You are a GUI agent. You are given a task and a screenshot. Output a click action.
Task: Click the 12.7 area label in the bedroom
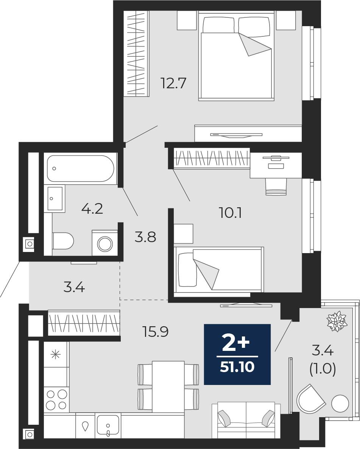click(174, 83)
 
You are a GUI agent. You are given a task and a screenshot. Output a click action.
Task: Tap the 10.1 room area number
click(230, 213)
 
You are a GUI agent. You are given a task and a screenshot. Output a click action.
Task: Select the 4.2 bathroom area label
click(92, 208)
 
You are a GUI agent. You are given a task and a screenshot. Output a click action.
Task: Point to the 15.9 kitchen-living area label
click(155, 332)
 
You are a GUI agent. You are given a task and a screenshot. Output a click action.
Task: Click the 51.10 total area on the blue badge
click(237, 367)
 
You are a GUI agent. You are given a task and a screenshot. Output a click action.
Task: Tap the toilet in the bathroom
click(63, 241)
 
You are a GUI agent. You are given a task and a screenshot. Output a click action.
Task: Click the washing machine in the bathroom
click(105, 243)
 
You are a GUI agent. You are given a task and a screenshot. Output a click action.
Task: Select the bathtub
click(80, 169)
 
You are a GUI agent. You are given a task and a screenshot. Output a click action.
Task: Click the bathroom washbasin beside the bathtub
click(55, 198)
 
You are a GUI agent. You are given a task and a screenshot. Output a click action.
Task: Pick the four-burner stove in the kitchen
click(56, 400)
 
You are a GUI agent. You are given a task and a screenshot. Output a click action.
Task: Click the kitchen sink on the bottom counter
click(108, 425)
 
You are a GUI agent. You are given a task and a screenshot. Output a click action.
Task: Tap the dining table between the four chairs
click(168, 386)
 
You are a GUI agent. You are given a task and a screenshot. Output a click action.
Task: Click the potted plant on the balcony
click(337, 321)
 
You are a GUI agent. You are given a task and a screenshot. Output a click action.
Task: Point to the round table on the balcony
click(340, 404)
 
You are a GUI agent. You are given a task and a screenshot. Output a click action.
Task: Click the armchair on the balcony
click(310, 399)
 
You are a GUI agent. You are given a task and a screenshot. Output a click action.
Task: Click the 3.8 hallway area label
click(145, 238)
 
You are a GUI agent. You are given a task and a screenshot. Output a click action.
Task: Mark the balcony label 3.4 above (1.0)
click(323, 351)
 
